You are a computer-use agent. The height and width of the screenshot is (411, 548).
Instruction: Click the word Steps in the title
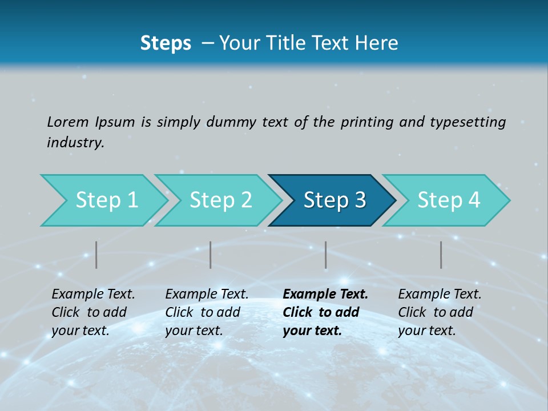(166, 43)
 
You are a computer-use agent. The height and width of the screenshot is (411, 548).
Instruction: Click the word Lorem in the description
(68, 122)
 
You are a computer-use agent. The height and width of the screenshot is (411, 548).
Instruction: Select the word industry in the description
(75, 143)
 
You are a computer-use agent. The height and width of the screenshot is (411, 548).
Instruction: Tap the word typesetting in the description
(468, 122)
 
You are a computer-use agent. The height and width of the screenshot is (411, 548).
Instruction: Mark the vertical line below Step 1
(96, 255)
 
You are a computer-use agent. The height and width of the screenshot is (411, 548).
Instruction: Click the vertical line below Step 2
(211, 255)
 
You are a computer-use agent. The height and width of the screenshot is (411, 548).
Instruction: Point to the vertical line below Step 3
(326, 255)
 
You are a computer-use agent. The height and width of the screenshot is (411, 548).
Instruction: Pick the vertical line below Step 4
(441, 255)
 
